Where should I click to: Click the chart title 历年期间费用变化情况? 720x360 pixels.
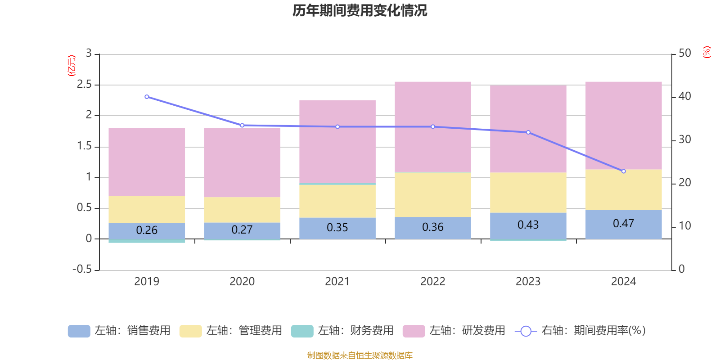[360, 10]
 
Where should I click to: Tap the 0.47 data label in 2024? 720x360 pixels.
[623, 224]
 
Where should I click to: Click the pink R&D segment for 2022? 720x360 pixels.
[432, 126]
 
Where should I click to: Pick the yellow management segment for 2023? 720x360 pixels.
[528, 193]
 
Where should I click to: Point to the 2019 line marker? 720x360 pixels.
[147, 97]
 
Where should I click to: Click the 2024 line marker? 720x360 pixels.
[623, 171]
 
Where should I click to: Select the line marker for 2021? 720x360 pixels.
[337, 127]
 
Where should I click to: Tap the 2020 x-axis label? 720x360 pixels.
[242, 282]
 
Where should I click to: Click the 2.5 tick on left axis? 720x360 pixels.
[84, 85]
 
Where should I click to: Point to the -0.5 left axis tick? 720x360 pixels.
[82, 269]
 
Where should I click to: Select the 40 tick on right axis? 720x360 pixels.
[684, 96]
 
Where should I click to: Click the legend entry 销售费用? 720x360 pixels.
[120, 331]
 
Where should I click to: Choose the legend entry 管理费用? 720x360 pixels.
[231, 331]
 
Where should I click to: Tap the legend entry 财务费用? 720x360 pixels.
[342, 331]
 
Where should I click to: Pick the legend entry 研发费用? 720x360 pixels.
[454, 331]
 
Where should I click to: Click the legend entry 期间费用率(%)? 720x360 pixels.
[580, 331]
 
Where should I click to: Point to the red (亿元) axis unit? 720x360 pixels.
[71, 66]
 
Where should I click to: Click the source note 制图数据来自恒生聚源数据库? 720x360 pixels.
[360, 355]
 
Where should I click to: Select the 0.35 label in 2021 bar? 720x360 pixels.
[337, 228]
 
